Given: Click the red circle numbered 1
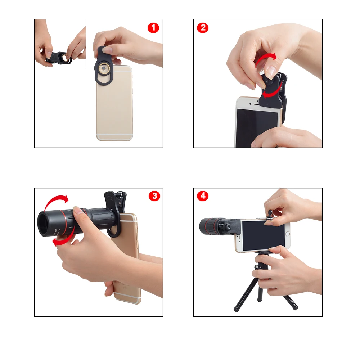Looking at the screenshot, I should click(x=153, y=28).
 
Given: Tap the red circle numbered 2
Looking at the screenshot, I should click(x=203, y=28).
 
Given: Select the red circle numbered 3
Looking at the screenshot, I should click(x=154, y=196).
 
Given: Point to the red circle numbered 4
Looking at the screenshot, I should click(x=203, y=196).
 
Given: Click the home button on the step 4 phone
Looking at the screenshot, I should click(x=287, y=235).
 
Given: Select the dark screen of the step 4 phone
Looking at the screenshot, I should click(x=263, y=236).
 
